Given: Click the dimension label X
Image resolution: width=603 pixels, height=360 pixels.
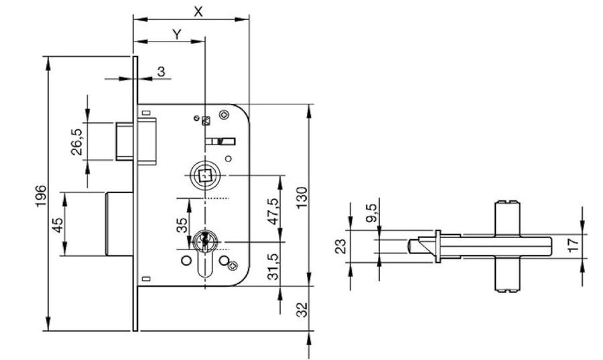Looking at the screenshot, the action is pos(198,11).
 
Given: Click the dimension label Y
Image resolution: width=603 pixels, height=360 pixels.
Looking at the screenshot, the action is pos(176,35).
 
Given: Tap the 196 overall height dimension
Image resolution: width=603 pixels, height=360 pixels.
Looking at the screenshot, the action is pos(41,196).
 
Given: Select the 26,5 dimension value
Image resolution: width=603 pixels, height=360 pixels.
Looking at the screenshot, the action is pos(76,142).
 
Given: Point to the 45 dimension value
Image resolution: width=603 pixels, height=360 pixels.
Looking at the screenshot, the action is pos(58,225).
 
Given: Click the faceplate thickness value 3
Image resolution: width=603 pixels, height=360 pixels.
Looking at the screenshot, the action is pos(161,71).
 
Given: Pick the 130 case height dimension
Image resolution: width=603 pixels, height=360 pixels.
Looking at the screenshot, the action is pos(302,198).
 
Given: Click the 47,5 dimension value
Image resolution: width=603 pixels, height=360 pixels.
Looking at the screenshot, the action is pos(273,212).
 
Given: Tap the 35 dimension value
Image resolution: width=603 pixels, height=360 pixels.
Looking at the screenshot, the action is pos(182,225).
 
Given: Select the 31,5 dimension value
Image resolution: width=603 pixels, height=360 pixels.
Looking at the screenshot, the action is pos(273,267).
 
